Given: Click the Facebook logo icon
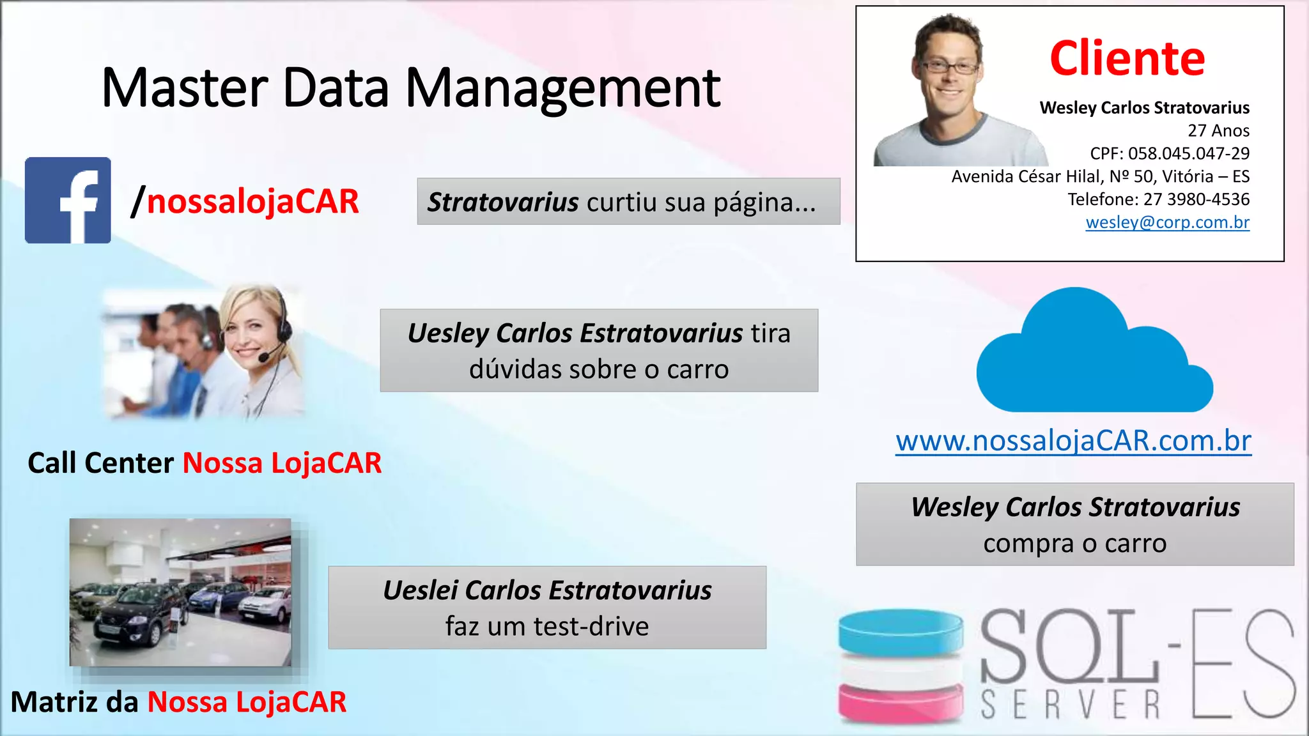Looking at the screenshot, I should coord(68,200).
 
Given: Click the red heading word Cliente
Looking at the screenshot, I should coord(1127,59).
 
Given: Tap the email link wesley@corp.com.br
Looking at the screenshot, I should coord(1167,222).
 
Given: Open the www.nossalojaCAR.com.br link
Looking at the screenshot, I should coord(1073,441).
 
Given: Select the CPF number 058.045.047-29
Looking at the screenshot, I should coord(1188,153).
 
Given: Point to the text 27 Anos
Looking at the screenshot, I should coord(1218,130).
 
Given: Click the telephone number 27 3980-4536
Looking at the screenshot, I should coord(1196,199).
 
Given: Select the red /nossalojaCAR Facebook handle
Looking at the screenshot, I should coord(246,201).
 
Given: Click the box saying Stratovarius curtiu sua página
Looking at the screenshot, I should coord(628,202).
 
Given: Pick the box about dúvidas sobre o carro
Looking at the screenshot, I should coord(599,351).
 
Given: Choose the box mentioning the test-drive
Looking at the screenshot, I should coord(547,608).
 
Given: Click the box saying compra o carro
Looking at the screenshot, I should coord(1075,525).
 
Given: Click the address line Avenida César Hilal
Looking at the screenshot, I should coord(1100,176).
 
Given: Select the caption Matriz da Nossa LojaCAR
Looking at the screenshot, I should coord(178,702).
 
